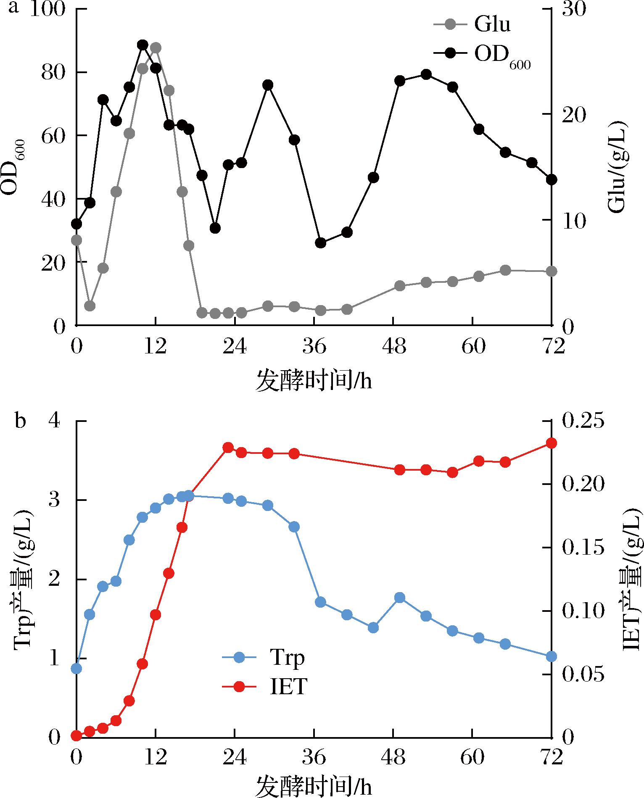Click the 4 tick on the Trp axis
point(55,421)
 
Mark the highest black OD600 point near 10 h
point(143,45)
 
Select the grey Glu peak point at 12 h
point(156,47)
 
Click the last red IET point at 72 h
point(551,443)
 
